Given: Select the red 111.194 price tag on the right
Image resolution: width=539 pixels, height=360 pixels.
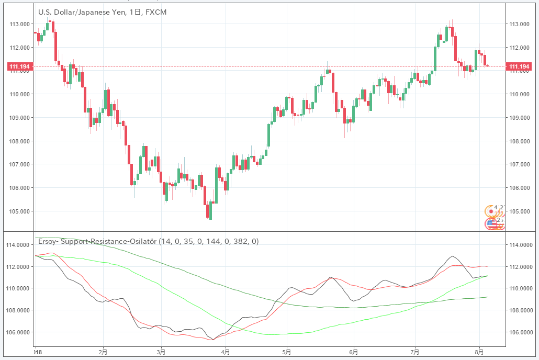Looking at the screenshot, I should [x=520, y=66].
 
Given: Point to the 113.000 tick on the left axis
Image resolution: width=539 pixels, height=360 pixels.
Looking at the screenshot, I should [x=19, y=24].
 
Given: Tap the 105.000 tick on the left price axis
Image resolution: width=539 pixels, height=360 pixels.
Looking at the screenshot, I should [x=19, y=211].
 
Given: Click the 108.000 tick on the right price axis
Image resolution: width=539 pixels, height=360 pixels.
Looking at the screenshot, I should [x=519, y=141].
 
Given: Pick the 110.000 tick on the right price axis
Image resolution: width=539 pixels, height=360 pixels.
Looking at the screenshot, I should [x=519, y=94].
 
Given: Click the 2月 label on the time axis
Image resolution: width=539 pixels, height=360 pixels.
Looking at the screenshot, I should [x=103, y=352].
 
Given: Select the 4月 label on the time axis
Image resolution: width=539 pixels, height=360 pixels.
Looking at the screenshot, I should [x=226, y=352].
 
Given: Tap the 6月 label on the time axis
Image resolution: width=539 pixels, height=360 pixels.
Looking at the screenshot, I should [x=353, y=352].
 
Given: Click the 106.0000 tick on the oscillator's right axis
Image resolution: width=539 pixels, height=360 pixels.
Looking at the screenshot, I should [x=521, y=332].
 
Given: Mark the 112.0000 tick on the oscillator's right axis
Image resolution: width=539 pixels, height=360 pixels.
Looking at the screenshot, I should [x=521, y=267].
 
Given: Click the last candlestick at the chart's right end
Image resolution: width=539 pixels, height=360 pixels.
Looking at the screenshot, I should [x=487, y=65].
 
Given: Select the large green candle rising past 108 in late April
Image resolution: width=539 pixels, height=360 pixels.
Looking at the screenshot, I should [x=269, y=135].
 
